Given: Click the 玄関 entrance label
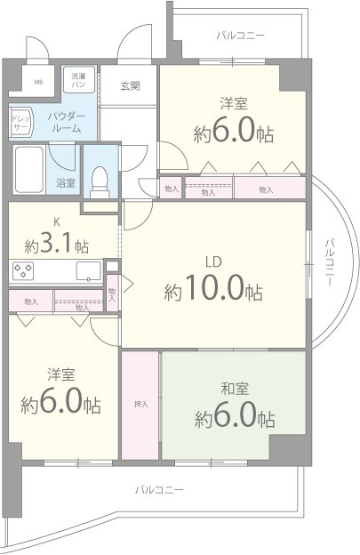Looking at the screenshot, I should [x=130, y=86].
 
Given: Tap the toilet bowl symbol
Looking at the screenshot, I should [x=100, y=174].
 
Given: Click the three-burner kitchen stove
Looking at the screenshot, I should [x=24, y=271].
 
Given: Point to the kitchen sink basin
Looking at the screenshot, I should [x=88, y=271].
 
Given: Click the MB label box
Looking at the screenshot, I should [x=38, y=83].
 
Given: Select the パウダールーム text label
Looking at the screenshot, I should [x=65, y=122].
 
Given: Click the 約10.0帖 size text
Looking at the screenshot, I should [x=212, y=291].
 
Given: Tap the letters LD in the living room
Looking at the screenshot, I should [x=213, y=262].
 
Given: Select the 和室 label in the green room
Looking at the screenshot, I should [x=234, y=387].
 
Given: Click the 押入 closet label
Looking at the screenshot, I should [x=140, y=405].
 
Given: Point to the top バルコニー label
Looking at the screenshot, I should [x=241, y=36].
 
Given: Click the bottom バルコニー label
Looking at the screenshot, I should [x=160, y=490].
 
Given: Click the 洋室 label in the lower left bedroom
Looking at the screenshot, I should [x=60, y=374].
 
